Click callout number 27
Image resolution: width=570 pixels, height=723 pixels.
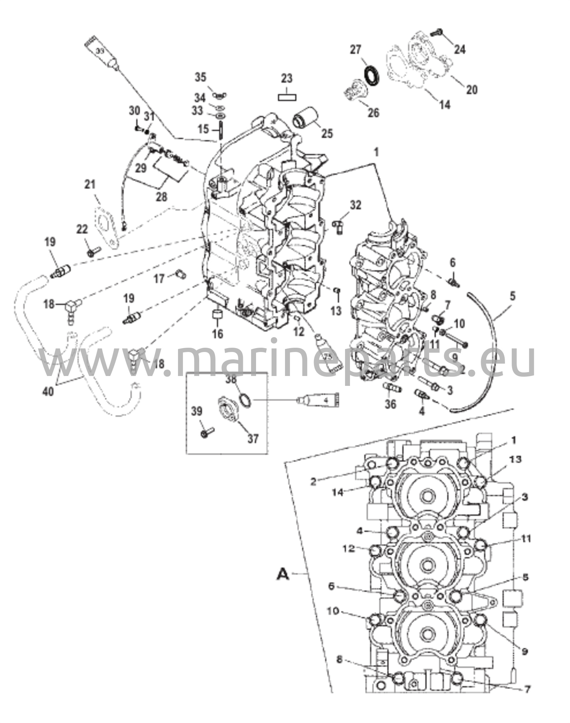click(356, 50)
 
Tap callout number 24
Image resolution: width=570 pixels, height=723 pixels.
click(459, 49)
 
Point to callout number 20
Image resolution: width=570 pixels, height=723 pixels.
click(471, 90)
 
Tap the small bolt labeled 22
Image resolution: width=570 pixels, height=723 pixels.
click(93, 252)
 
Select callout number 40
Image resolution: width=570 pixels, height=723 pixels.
click(48, 391)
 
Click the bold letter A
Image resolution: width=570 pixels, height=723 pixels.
click(283, 574)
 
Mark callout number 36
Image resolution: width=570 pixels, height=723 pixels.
click(390, 404)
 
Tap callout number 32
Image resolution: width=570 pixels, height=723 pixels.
click(356, 205)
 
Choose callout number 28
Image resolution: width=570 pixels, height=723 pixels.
click(161, 197)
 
